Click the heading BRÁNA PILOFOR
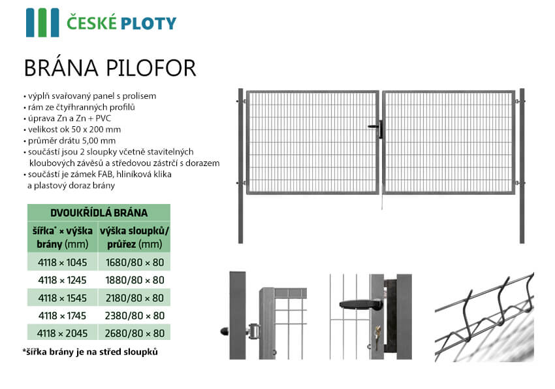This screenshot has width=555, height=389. point(110,68)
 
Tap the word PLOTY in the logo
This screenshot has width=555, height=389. point(148,24)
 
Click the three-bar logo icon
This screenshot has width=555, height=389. point(42,23)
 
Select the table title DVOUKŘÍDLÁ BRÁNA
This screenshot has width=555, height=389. point(99,213)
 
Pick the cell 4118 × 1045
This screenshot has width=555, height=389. point(62,263)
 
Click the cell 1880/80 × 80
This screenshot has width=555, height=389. point(135,280)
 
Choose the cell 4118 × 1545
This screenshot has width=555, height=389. point(62,298)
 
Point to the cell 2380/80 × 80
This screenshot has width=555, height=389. point(135,316)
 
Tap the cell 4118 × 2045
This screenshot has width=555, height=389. point(62,333)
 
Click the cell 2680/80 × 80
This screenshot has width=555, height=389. point(135,333)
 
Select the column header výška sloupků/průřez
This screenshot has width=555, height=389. point(135,237)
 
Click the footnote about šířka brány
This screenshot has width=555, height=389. point(90,352)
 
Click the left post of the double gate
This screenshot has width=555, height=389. point(241,166)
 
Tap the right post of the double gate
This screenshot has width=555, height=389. point(522,166)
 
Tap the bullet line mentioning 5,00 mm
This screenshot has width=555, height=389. point(69,141)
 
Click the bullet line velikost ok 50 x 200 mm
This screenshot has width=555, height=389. point(72,129)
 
